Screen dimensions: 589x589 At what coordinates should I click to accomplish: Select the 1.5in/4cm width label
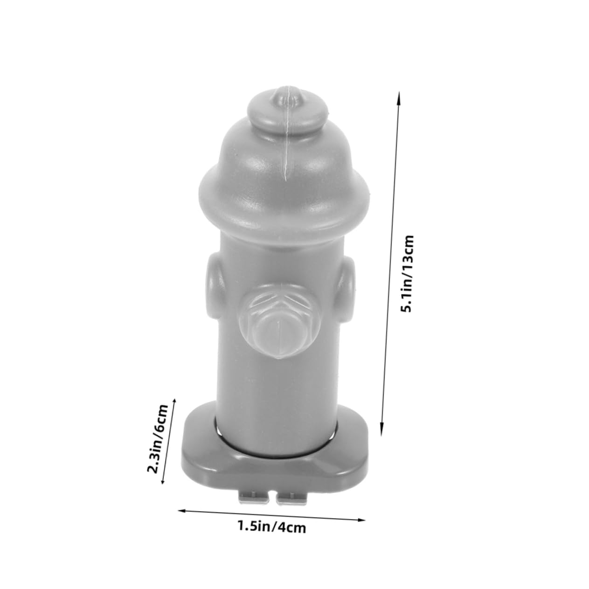272,528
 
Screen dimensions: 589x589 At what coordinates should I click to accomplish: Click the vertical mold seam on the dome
284,154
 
